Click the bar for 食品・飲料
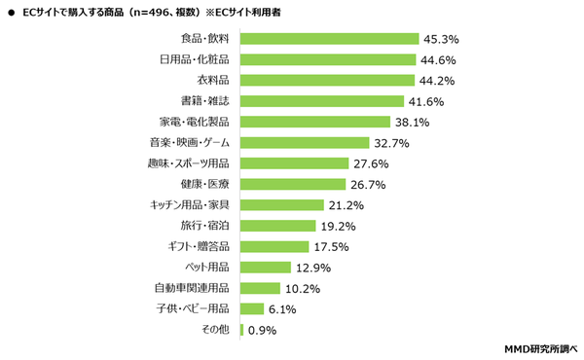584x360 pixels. (x=329, y=39)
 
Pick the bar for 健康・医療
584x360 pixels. (x=293, y=184)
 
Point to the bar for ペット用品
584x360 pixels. (x=265, y=267)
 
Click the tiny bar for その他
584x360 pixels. (x=241, y=330)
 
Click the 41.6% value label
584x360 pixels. (x=427, y=101)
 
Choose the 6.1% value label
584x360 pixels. (x=283, y=309)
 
